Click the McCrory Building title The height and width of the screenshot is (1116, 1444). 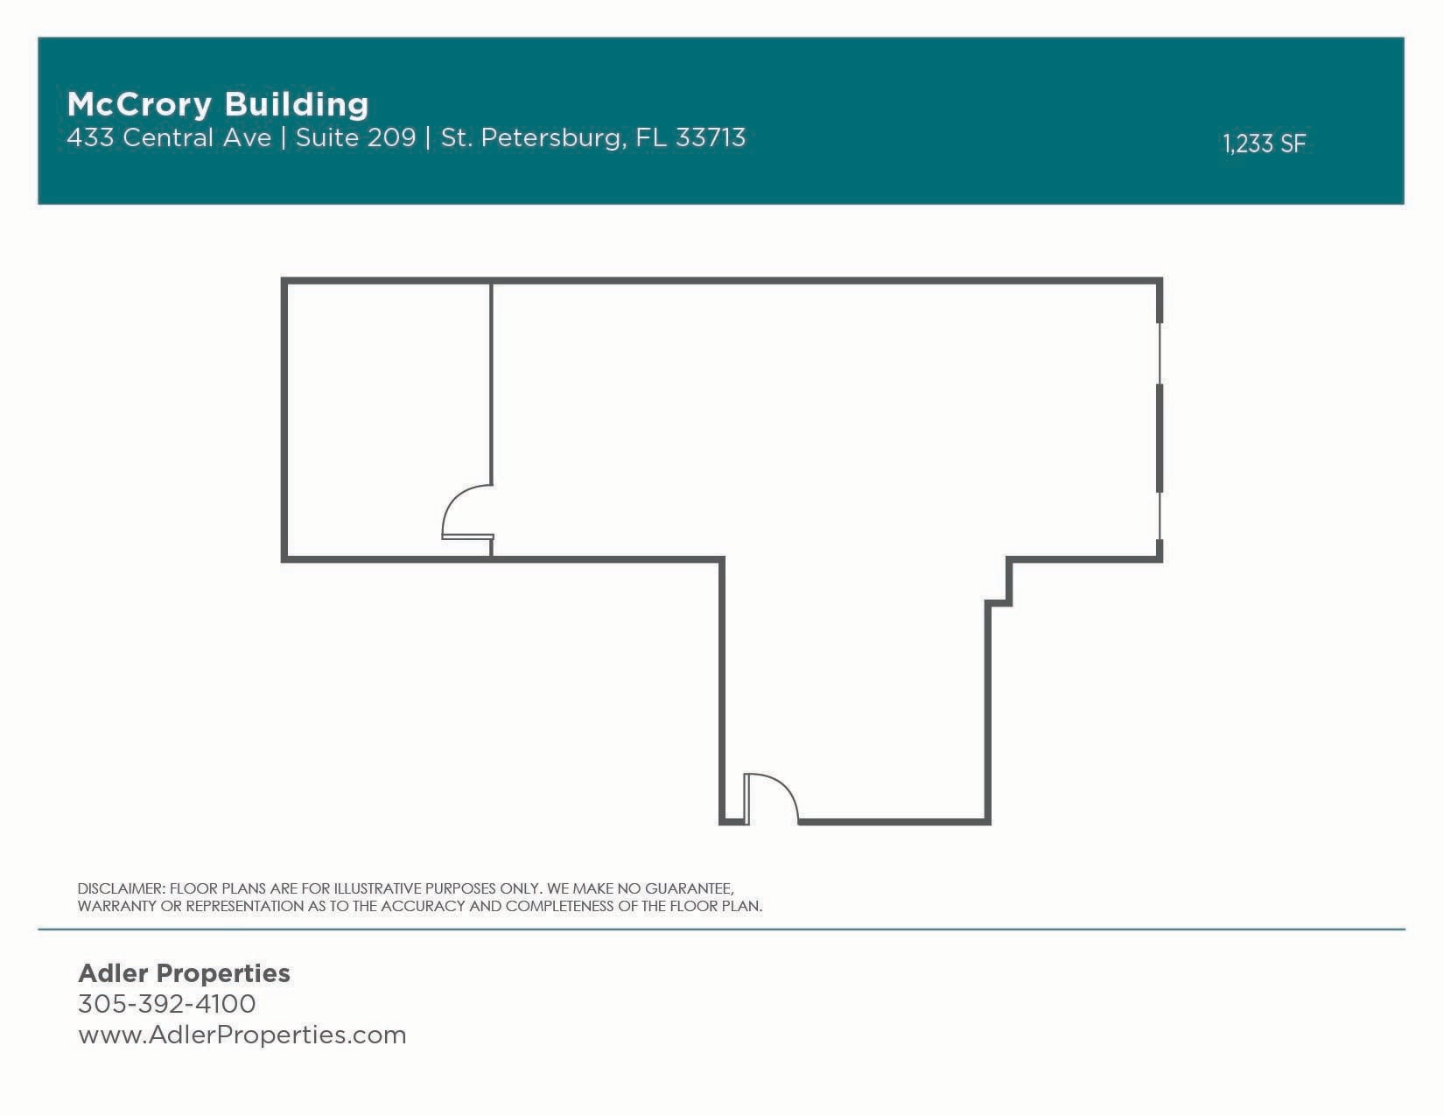point(218,104)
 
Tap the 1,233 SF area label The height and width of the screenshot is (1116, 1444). point(1264,144)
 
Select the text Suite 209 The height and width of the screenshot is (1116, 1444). point(355,138)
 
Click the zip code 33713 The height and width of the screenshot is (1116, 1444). point(710,138)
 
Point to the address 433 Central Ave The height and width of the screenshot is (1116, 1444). point(169,138)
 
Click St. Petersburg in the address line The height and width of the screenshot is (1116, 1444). point(531,138)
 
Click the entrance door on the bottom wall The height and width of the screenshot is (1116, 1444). point(769,799)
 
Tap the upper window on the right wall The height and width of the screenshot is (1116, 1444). point(1160,354)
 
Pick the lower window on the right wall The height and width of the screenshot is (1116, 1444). point(1160,516)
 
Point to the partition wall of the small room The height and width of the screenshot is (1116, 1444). point(491,385)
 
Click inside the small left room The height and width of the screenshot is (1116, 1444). point(385,411)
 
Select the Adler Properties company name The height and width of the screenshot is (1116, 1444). point(184,973)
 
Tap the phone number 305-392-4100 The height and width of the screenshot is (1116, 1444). point(166,1004)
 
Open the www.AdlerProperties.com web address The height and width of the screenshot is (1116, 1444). point(242,1035)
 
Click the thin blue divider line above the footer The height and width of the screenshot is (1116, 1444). point(721,929)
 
